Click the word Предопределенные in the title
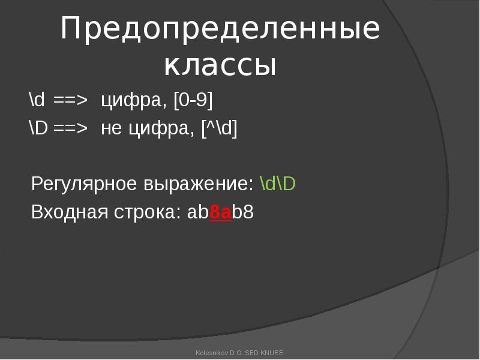coord(220,29)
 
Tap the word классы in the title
coord(220,65)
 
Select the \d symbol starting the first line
coord(37,99)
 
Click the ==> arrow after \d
coord(70,100)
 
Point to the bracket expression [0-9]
coord(193,100)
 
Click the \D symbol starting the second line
coord(38,127)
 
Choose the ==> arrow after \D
coord(70,128)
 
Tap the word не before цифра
coord(111,128)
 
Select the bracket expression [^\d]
coord(219,128)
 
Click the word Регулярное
coord(84,184)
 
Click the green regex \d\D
coord(278,184)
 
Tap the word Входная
coord(70,212)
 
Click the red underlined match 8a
coord(220,212)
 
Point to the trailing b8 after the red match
coord(243,212)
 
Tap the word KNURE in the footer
coord(272,353)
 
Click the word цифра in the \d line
coord(134,100)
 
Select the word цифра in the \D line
coord(161,128)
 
